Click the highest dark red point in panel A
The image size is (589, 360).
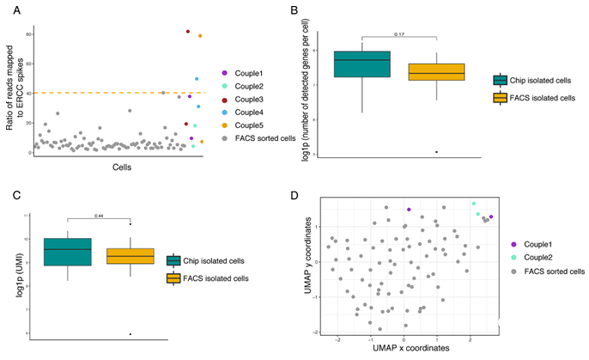(187, 32)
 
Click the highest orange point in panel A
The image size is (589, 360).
(200, 36)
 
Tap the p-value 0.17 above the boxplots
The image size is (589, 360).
(398, 34)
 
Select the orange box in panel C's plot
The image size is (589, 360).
(131, 256)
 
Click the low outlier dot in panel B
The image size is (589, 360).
(436, 152)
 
